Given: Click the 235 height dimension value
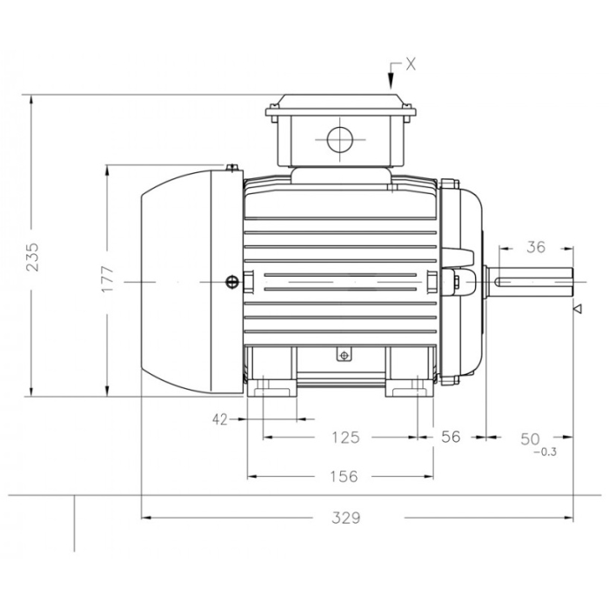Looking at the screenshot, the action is click(x=32, y=257).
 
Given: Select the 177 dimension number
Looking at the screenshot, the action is click(x=108, y=279).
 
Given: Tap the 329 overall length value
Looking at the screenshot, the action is click(x=346, y=518).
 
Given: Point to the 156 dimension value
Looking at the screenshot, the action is click(x=344, y=476).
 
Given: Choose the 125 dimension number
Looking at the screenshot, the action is click(x=345, y=438).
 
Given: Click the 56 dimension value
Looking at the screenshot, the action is click(x=451, y=437).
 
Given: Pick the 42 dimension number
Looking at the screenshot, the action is click(x=220, y=419).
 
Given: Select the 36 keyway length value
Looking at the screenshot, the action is click(x=536, y=246).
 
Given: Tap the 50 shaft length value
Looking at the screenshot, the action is click(x=530, y=438).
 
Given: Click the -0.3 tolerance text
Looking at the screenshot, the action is click(x=545, y=452).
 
